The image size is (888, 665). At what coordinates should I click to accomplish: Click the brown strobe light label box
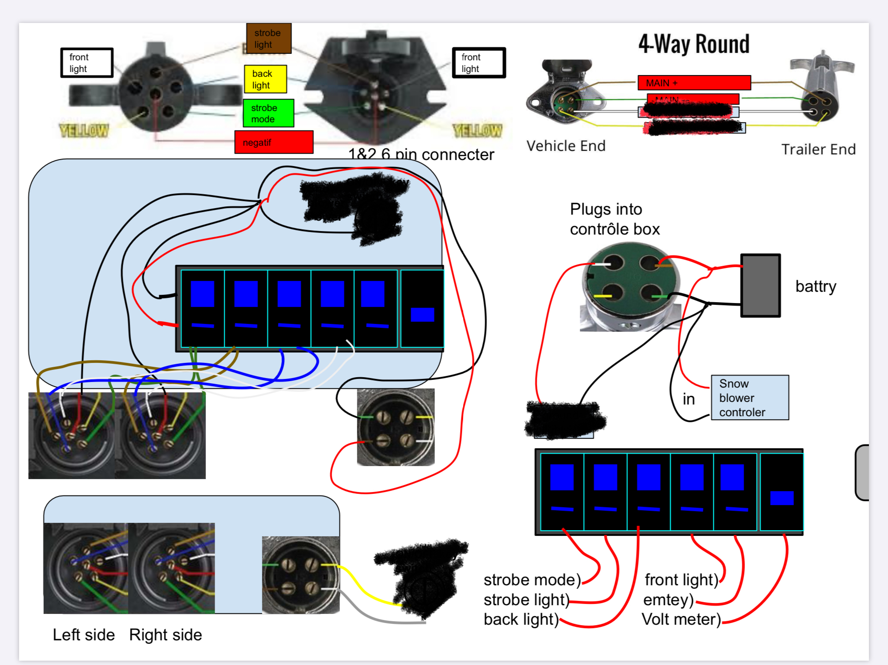click(x=268, y=39)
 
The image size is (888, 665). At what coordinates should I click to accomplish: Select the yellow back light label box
click(x=265, y=79)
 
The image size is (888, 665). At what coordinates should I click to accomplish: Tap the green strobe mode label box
click(x=268, y=113)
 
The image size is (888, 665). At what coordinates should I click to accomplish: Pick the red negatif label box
click(x=274, y=142)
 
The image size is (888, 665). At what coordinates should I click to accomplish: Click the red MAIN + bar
click(x=694, y=83)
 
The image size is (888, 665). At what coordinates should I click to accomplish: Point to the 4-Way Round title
click(x=694, y=44)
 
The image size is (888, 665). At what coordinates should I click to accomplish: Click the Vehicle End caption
click(x=566, y=146)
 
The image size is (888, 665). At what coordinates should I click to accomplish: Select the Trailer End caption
click(x=818, y=150)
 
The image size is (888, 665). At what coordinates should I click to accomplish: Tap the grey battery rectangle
click(x=761, y=286)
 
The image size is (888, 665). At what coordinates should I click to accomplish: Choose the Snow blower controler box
click(x=750, y=398)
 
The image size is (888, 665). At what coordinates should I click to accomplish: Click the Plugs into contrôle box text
click(x=614, y=219)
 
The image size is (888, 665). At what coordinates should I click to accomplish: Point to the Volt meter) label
click(x=681, y=619)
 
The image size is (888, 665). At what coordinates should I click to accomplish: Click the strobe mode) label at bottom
click(x=532, y=580)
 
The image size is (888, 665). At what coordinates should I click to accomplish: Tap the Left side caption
click(x=84, y=635)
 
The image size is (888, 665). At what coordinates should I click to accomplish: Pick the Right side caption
click(x=166, y=635)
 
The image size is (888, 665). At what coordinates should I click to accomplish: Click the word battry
click(x=816, y=287)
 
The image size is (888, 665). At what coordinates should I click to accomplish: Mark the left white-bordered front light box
click(x=87, y=63)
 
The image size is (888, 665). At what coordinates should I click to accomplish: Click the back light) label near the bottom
click(x=521, y=619)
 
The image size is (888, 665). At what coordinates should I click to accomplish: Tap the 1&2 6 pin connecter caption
click(x=421, y=155)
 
